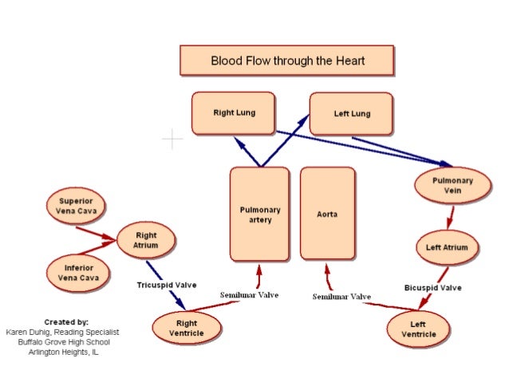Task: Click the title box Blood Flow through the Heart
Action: [286, 61]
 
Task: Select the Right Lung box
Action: [233, 112]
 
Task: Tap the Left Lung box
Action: [351, 113]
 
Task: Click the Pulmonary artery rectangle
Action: [259, 214]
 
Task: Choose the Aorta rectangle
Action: [327, 214]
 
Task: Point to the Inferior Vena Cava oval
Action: [77, 272]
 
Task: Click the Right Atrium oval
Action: [145, 240]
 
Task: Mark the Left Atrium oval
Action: [445, 247]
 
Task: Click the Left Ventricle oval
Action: [417, 329]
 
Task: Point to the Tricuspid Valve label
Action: [166, 285]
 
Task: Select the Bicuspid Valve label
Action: [433, 287]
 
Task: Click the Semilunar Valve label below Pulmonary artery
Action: [249, 295]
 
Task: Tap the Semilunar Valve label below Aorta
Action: [341, 297]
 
